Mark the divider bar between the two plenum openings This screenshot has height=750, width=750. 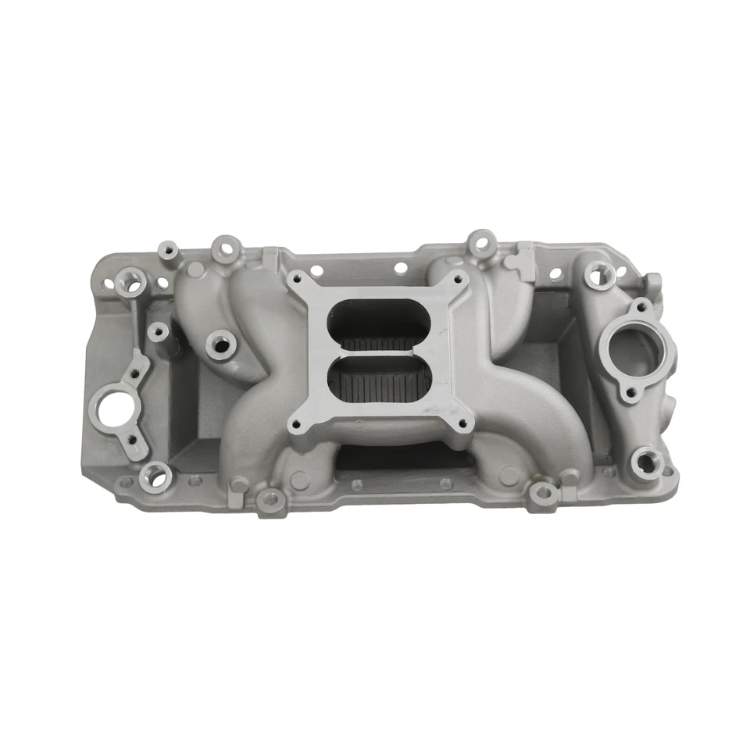(x=378, y=349)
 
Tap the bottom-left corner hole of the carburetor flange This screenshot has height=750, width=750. (x=296, y=426)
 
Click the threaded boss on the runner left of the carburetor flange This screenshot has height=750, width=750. (x=220, y=341)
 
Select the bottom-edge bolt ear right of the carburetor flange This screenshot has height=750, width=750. (x=543, y=491)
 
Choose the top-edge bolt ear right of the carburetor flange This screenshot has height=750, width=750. (x=482, y=243)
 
